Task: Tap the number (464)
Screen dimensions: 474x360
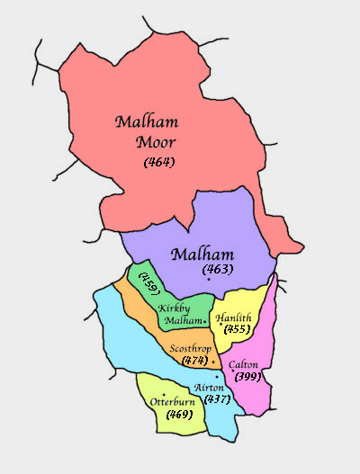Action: point(158,162)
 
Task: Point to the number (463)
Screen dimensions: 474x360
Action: point(219,269)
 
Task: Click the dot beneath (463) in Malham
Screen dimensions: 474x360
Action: point(209,281)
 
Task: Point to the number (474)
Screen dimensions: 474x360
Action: point(193,360)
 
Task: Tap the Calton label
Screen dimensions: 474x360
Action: point(244,364)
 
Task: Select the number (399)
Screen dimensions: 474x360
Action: point(248,376)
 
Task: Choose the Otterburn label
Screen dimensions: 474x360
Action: point(172,401)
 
